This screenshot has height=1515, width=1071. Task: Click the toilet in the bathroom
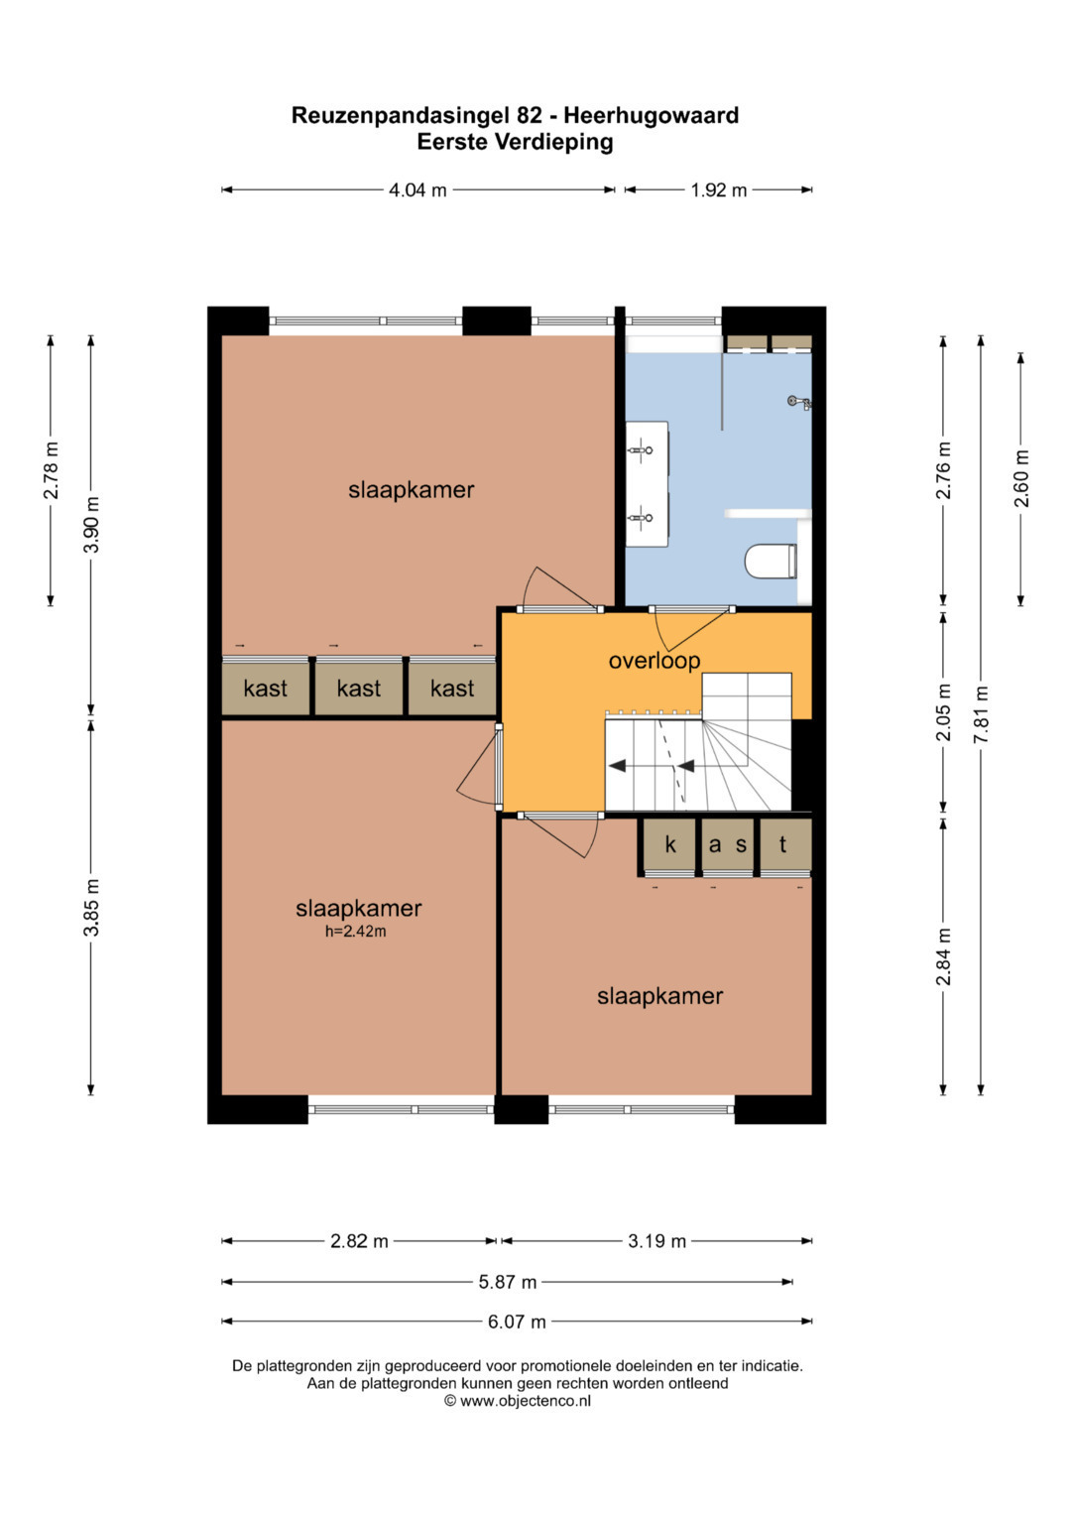click(x=772, y=561)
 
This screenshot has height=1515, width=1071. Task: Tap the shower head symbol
click(x=798, y=403)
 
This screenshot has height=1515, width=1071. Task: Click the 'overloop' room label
click(x=654, y=661)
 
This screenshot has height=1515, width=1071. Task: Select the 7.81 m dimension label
click(x=981, y=714)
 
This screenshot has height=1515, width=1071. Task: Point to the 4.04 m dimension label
click(x=417, y=190)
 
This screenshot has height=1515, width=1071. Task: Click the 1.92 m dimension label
click(x=718, y=190)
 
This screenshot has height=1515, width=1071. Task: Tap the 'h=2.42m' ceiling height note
click(x=356, y=932)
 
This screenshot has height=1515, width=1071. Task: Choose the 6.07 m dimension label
click(x=517, y=1321)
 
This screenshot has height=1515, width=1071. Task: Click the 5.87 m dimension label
click(x=507, y=1282)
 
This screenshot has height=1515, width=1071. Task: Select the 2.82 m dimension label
click(x=359, y=1241)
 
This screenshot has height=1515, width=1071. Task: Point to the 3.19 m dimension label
click(x=656, y=1241)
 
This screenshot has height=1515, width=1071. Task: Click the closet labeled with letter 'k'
click(x=668, y=845)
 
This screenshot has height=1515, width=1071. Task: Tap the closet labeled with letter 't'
click(x=785, y=845)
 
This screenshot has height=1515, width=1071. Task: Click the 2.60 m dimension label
click(x=1021, y=478)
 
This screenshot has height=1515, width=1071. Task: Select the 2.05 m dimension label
click(x=944, y=712)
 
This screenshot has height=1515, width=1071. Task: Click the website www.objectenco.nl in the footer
click(x=526, y=1401)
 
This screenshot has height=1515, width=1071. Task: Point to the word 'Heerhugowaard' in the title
click(x=652, y=116)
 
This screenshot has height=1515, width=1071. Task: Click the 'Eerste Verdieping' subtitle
click(x=516, y=142)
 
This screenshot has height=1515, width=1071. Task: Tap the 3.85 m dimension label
click(x=91, y=907)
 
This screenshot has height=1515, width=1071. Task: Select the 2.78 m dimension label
click(x=51, y=470)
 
